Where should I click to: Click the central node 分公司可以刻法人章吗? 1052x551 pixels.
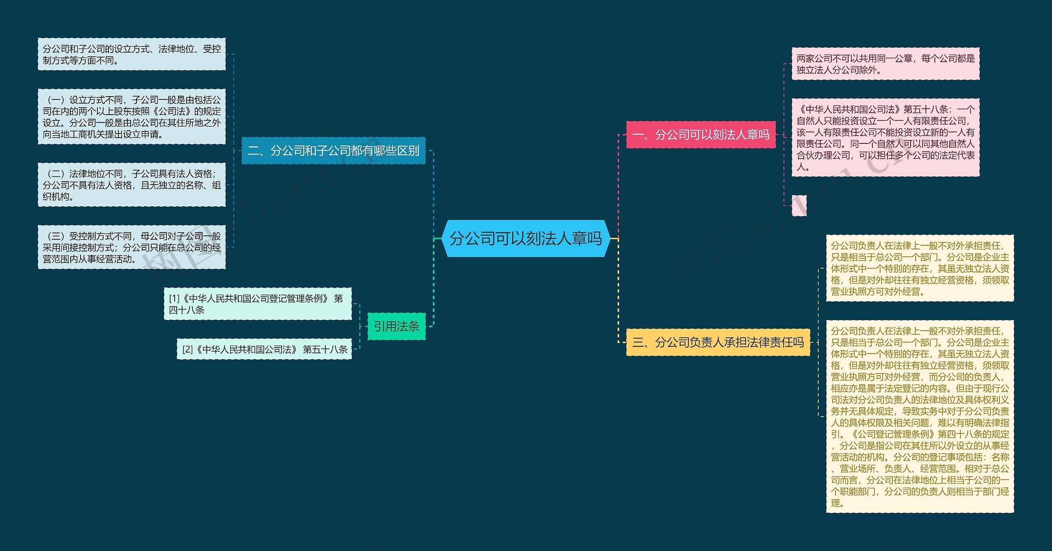pos(526,238)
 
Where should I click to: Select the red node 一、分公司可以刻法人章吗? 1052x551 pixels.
pos(701,134)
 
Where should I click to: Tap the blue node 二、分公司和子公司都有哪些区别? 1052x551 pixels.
pos(333,151)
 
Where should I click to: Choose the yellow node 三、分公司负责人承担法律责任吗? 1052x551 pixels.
pos(718,342)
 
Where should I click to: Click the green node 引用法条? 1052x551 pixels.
pos(396,326)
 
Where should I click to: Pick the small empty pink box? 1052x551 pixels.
pos(799,205)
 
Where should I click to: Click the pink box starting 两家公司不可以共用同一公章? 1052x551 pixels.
pos(886,64)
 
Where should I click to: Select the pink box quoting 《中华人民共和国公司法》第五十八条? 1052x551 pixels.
pos(886,137)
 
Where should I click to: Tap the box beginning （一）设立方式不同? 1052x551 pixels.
pos(131,117)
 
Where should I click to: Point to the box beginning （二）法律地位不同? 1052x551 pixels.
pos(131,185)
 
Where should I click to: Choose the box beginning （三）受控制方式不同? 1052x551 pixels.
pos(131,247)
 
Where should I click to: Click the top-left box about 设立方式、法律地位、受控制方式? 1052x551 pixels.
pos(131,54)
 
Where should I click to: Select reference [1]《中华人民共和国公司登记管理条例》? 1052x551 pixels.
pos(258,304)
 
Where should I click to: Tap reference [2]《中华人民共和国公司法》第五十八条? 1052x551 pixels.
pos(264,349)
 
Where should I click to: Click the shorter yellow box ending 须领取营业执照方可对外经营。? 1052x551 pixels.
pos(920,268)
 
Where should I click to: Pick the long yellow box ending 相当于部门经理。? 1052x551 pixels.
pos(920,416)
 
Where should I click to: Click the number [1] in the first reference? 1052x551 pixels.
pos(174,298)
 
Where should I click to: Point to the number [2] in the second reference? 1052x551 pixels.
pos(187,349)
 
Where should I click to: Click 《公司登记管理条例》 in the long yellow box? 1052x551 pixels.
pos(893,434)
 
